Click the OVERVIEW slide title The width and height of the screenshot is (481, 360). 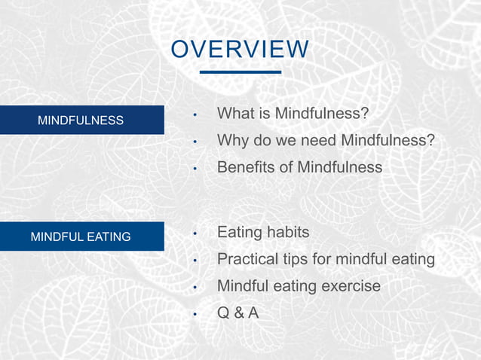240,49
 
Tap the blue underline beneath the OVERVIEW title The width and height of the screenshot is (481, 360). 240,72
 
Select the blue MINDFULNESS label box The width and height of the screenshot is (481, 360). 81,121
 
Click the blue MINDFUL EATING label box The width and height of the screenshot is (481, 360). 81,236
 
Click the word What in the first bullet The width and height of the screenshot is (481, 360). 234,114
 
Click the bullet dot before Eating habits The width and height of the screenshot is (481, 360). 195,233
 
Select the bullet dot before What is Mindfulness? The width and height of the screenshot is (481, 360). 195,115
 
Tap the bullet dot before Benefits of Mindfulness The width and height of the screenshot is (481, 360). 195,168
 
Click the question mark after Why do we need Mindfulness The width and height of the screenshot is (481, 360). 430,140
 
